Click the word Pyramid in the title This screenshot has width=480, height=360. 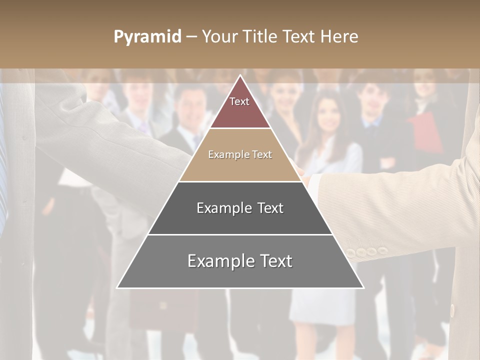(147, 37)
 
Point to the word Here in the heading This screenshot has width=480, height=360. (339, 37)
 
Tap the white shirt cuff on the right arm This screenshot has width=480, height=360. (314, 187)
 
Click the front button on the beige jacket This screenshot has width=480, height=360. (452, 310)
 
